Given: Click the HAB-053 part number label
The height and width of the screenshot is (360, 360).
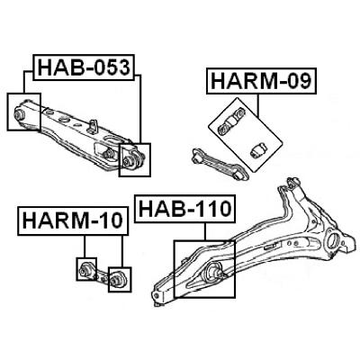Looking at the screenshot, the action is point(84,67).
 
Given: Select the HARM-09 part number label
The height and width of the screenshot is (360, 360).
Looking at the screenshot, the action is point(261,81).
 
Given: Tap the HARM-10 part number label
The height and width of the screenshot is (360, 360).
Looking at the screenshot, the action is point(73,220).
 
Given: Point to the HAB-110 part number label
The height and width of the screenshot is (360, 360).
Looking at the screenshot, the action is point(184,209).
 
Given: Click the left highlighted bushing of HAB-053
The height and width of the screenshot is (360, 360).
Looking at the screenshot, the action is point(20,114).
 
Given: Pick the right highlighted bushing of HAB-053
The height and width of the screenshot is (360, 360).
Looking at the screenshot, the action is point(128,162).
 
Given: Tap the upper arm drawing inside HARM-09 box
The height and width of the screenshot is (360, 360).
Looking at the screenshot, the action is point(230,122).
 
